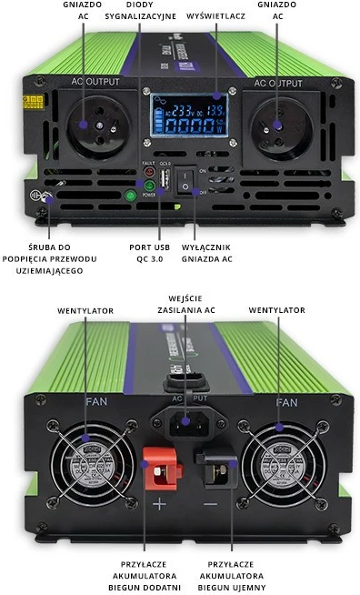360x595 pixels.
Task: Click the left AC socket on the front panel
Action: point(83,125)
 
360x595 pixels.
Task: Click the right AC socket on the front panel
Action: point(277,125)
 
